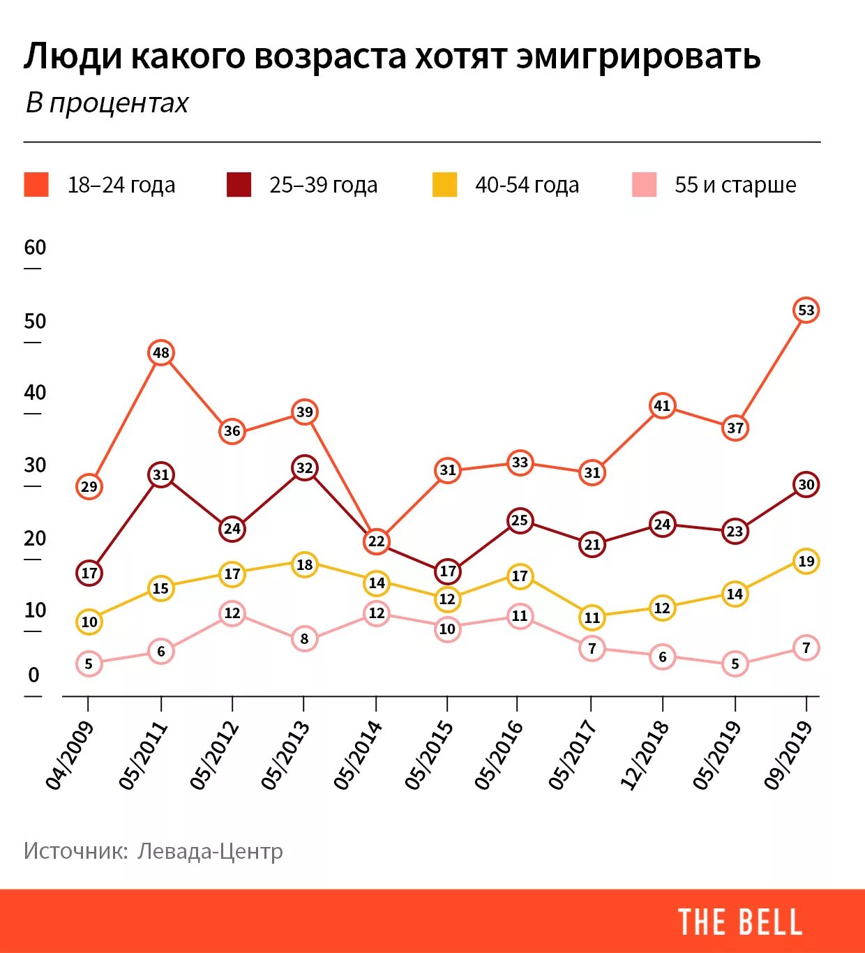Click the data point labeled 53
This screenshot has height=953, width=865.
tap(806, 310)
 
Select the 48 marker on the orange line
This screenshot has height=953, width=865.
tap(160, 353)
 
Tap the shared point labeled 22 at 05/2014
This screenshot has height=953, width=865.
tap(376, 541)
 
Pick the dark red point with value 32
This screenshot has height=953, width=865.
tap(304, 467)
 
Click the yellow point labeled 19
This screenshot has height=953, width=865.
tap(806, 561)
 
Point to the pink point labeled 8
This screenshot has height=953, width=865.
tap(304, 638)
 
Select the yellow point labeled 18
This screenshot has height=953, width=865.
tap(304, 564)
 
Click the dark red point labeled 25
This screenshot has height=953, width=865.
tap(519, 520)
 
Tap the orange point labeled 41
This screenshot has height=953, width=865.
tap(662, 405)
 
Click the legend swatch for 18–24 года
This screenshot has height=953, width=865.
tap(36, 185)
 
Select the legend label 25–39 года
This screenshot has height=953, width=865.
tap(323, 185)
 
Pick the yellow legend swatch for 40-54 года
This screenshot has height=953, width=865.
tap(444, 185)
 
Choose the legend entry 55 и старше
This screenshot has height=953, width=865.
tap(735, 185)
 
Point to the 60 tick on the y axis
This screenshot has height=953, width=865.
tap(35, 248)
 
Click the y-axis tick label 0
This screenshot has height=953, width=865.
tap(33, 675)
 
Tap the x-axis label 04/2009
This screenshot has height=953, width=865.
tap(70, 756)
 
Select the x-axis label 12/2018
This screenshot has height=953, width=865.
tap(645, 756)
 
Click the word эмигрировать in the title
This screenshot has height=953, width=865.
tap(638, 57)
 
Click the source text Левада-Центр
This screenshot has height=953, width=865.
tap(210, 851)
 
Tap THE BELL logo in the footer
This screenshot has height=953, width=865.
tap(740, 922)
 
